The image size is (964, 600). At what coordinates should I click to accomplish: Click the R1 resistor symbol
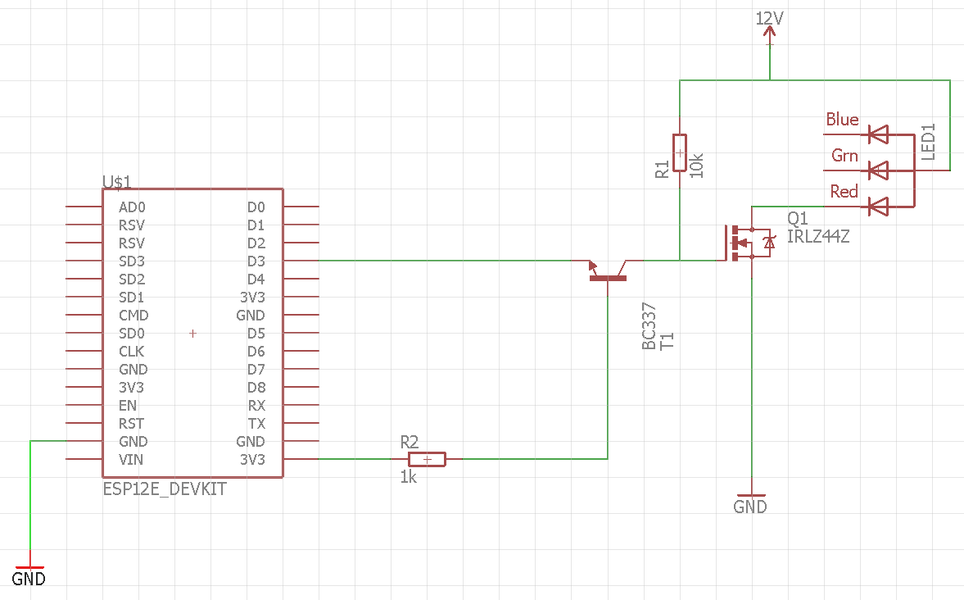(x=679, y=152)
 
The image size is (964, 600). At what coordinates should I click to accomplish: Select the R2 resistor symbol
(x=427, y=459)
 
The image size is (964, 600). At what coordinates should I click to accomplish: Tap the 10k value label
(x=696, y=166)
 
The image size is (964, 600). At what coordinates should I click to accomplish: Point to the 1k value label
(x=409, y=477)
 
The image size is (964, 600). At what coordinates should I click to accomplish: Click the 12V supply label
(x=769, y=19)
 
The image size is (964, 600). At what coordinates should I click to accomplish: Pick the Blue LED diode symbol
(x=879, y=134)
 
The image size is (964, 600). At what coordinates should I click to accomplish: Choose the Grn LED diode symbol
(x=879, y=170)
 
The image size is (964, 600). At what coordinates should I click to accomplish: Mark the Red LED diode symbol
(x=879, y=207)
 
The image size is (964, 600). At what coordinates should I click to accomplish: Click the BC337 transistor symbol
(x=608, y=270)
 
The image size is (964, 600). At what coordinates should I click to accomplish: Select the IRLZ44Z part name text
(x=818, y=237)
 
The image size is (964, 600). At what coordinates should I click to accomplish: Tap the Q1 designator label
(x=798, y=219)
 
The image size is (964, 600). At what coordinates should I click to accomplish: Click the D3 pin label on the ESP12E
(x=256, y=261)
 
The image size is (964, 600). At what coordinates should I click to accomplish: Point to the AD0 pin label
(x=132, y=207)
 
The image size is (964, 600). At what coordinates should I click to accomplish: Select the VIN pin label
(x=131, y=460)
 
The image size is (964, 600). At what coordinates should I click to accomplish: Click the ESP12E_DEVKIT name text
(x=165, y=489)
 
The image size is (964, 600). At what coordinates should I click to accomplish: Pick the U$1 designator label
(x=117, y=181)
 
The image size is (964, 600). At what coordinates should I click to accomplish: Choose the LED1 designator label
(x=928, y=142)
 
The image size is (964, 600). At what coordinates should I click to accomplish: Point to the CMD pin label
(x=134, y=316)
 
